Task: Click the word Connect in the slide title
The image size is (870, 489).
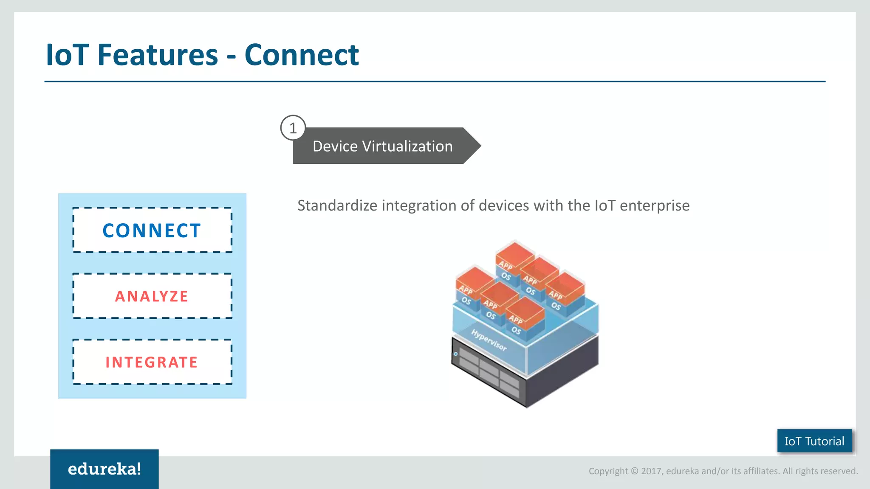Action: [302, 55]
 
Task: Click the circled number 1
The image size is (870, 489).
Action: [293, 128]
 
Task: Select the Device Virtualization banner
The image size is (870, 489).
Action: [382, 146]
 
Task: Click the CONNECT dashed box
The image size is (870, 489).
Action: [152, 230]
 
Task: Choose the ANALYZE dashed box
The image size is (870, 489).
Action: [152, 296]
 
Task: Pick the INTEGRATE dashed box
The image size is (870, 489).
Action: [152, 362]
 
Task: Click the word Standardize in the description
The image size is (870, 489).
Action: [337, 205]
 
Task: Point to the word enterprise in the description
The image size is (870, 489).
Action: [654, 205]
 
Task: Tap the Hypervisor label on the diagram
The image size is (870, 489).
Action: [489, 340]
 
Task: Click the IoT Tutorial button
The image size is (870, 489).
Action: [814, 441]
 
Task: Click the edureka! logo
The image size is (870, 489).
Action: [105, 469]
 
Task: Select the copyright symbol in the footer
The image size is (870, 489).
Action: [634, 471]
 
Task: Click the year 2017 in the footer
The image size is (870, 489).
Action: [652, 471]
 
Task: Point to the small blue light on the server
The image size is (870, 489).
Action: [456, 354]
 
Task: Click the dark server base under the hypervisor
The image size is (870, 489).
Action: [561, 374]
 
